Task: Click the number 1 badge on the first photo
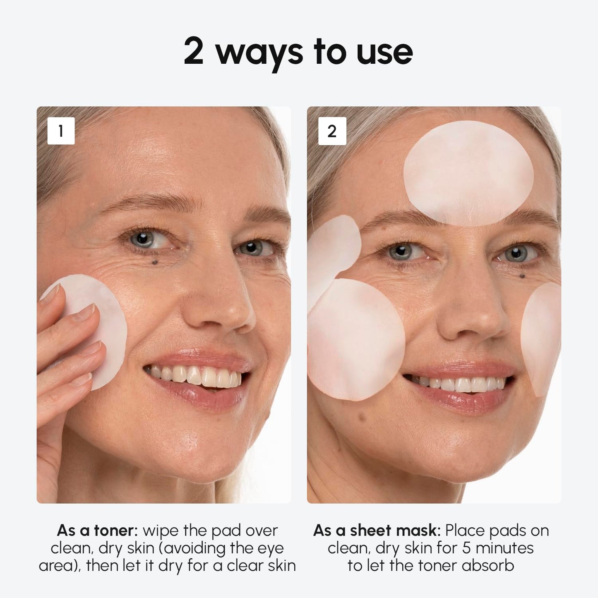tap(61, 131)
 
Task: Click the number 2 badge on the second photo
tap(332, 131)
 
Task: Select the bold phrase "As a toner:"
tap(97, 530)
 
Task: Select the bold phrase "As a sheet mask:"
tap(377, 530)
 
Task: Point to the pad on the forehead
tap(468, 173)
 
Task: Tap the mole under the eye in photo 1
tap(155, 262)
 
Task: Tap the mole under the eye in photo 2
tap(522, 276)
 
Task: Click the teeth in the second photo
tap(459, 384)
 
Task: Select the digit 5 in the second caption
tap(466, 548)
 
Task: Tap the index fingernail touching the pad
tap(86, 311)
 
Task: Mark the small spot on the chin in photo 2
tap(363, 417)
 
